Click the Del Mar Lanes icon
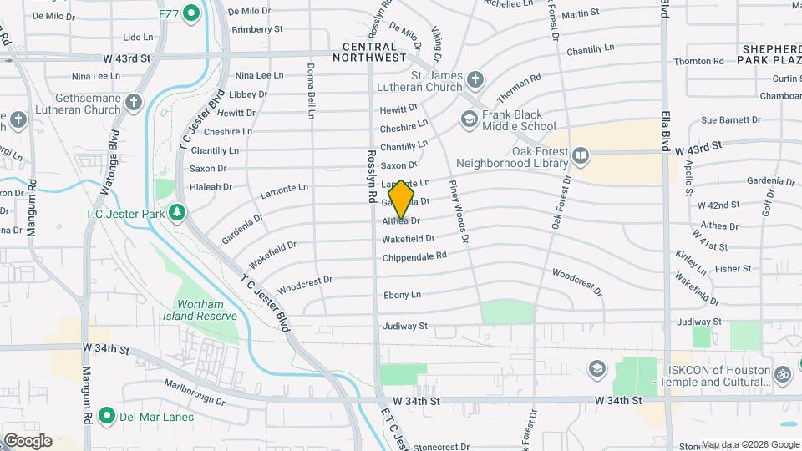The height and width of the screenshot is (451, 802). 106,416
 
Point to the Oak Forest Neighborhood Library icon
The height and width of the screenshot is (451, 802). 580,155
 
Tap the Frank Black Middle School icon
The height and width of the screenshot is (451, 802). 469,121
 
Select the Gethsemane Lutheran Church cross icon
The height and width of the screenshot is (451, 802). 135,104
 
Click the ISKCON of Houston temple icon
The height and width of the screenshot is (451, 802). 783,375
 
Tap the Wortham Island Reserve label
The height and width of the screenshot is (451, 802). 206,310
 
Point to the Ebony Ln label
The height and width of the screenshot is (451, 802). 402,295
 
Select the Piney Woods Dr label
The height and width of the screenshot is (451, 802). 459,211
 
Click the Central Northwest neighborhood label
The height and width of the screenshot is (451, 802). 368,52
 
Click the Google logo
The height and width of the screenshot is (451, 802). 28,441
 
